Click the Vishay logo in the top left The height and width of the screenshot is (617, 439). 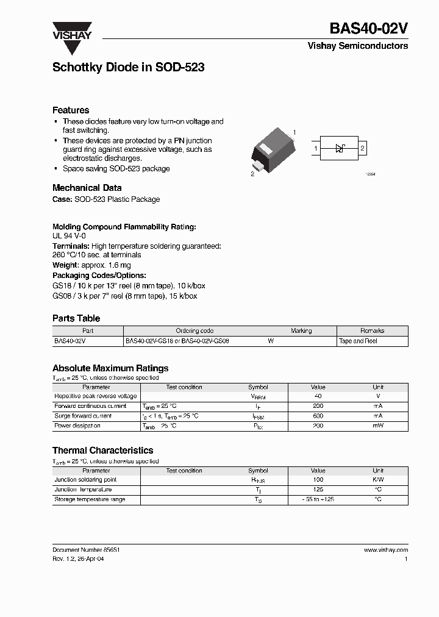(x=71, y=31)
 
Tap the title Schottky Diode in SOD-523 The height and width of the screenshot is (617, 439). (x=128, y=68)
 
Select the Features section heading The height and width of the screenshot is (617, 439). (x=71, y=110)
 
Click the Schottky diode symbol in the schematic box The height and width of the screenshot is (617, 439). (x=340, y=148)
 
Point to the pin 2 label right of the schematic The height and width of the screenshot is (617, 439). (x=363, y=148)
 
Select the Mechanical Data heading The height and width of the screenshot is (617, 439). (x=87, y=188)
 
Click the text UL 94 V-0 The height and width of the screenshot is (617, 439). (x=69, y=235)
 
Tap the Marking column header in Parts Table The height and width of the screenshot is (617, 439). (x=301, y=331)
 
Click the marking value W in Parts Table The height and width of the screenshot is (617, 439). (x=271, y=341)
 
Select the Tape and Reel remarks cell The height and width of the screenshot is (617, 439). (x=358, y=341)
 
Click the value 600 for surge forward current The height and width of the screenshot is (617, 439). (x=318, y=416)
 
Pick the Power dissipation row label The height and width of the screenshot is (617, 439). (x=77, y=426)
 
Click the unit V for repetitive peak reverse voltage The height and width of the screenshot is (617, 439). (x=378, y=396)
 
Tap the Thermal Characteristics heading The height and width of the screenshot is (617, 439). (x=102, y=451)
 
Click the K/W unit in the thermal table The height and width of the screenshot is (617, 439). (x=378, y=480)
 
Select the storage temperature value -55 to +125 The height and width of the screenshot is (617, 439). (x=318, y=499)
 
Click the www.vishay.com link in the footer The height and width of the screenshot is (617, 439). (x=386, y=549)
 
